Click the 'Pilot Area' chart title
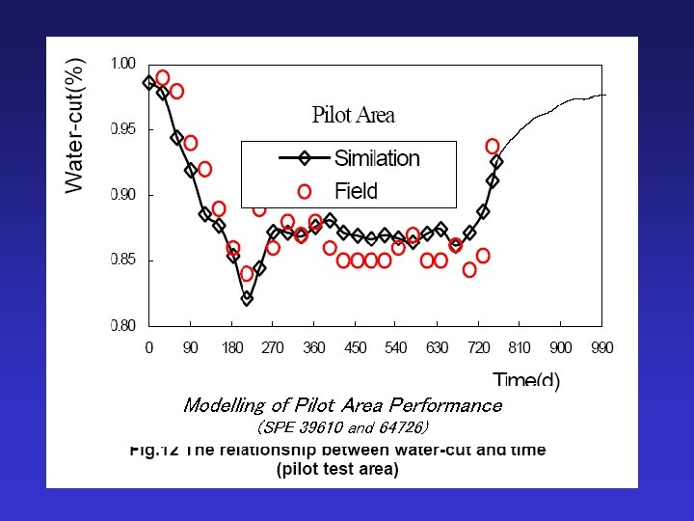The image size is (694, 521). click(x=353, y=116)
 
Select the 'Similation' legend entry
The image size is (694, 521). click(x=377, y=158)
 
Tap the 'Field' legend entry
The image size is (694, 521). click(x=356, y=190)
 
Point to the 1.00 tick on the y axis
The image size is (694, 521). click(x=122, y=64)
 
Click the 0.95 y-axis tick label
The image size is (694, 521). click(x=122, y=129)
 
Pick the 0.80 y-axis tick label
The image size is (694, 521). click(x=122, y=326)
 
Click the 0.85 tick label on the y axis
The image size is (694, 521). click(x=122, y=260)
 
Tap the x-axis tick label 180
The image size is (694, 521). click(x=232, y=347)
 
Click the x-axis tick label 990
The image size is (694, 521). click(x=602, y=347)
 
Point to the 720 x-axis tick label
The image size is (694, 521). click(x=478, y=347)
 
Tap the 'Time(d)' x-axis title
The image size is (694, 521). click(x=526, y=380)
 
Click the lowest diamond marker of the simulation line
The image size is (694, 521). click(x=247, y=299)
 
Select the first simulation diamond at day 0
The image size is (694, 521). click(x=149, y=83)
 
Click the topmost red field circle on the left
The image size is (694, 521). click(x=163, y=77)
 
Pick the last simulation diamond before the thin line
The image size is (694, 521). click(x=496, y=162)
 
